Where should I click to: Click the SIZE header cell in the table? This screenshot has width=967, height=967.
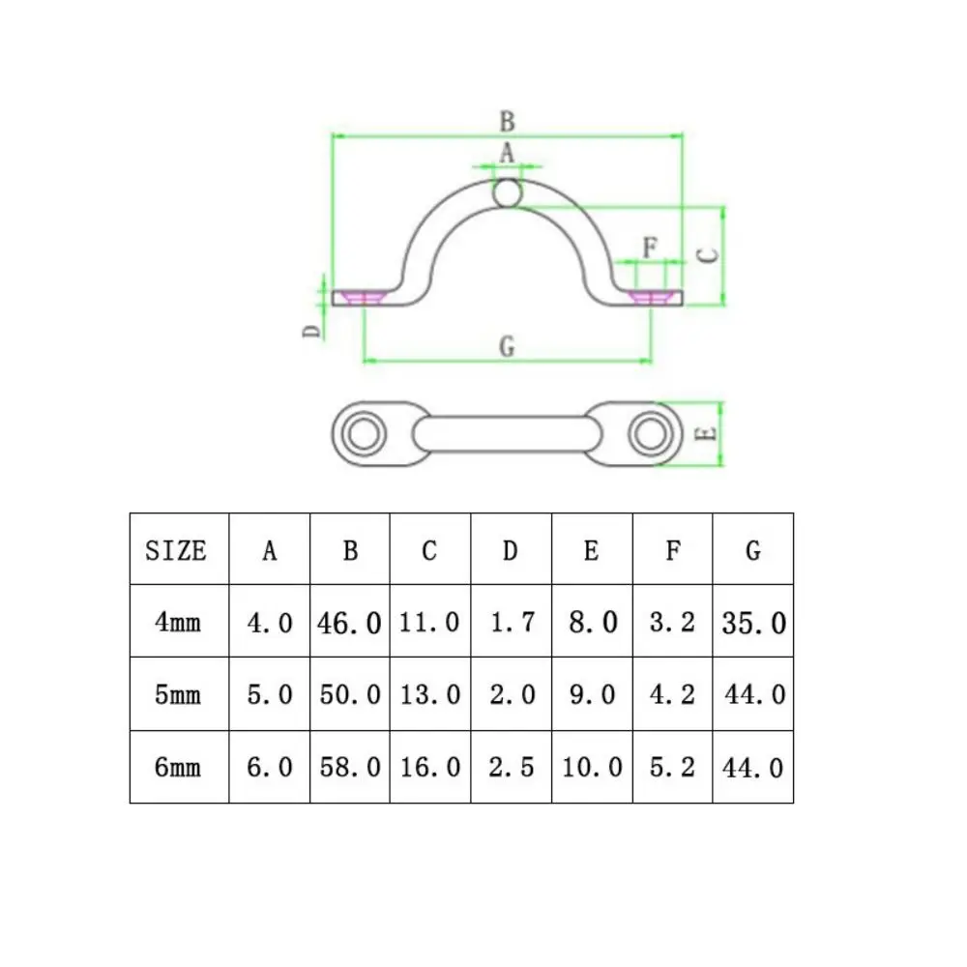176,550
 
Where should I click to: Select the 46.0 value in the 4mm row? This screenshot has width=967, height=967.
349,623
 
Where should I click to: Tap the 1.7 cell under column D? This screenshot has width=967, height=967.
512,622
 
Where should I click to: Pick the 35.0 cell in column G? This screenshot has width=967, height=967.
753,623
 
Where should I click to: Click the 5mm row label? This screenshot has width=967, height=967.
178,695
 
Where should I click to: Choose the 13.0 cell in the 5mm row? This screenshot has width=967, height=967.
430,695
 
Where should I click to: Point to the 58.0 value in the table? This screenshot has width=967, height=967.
350,767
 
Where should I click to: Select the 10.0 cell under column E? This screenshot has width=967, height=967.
592,767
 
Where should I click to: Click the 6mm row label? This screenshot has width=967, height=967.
178,767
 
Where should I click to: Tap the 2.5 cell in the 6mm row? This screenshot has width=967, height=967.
512,767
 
